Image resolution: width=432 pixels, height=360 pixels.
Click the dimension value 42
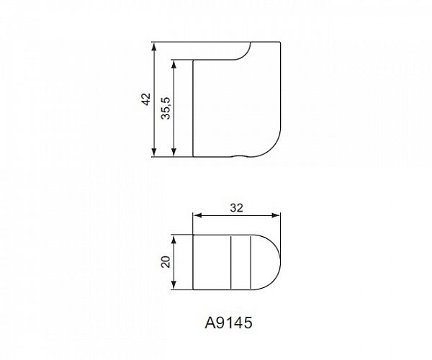click(146, 99)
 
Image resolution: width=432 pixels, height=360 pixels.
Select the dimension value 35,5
click(166, 108)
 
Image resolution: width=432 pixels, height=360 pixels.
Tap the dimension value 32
click(237, 208)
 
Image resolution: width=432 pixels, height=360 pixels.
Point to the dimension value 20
click(166, 262)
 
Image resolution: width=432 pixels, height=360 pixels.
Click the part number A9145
click(228, 323)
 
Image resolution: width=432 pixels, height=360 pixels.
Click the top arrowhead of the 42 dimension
click(154, 47)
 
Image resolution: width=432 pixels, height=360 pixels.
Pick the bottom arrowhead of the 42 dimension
click(154, 152)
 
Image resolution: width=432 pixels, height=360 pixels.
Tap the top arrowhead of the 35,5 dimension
click(174, 64)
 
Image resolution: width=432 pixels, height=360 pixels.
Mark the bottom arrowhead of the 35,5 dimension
click(174, 152)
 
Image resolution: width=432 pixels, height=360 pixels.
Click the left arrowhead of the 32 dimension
click(197, 215)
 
